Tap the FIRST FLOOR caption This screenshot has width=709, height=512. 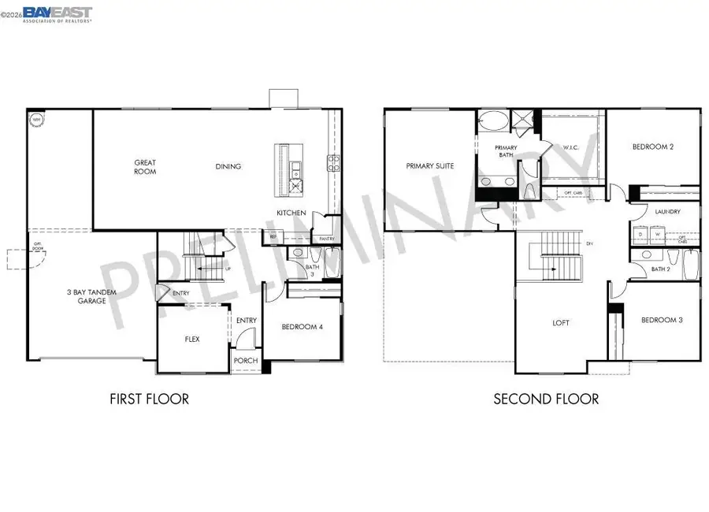point(150,399)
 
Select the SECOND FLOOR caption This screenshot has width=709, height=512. point(546,399)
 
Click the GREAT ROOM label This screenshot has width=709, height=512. point(145,167)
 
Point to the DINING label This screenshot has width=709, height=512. point(228,167)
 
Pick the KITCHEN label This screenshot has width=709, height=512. point(291,213)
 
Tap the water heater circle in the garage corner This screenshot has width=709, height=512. point(36,121)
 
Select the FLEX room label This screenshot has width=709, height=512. point(192,339)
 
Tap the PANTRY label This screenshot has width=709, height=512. point(327,239)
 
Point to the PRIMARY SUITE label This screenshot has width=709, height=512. point(430,166)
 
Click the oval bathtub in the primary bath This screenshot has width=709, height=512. point(495,122)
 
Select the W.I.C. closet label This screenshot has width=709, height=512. point(571,147)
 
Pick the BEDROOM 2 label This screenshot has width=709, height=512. point(653,147)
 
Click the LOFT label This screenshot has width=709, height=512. point(561,323)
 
